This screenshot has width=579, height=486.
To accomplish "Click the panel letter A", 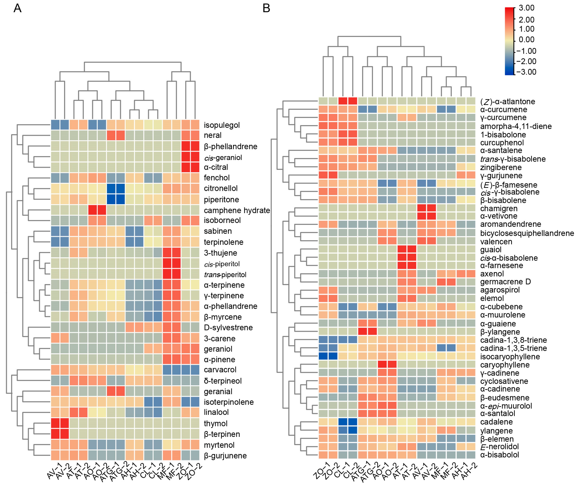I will coord(17,8).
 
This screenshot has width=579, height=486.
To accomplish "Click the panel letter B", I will coord(266,8).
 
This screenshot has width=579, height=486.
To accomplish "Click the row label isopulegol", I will coord(222,125).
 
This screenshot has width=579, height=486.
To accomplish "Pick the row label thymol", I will coord(216,423).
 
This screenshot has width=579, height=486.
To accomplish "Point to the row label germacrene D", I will coord(505,282).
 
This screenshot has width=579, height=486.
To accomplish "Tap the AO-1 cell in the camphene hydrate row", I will coord(93,210).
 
